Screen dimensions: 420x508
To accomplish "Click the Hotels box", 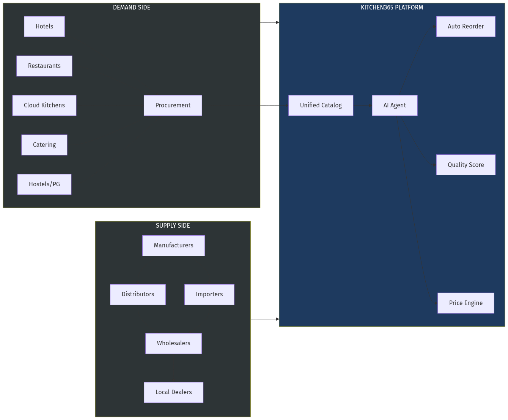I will tap(44, 27).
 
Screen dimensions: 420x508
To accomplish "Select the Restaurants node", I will tap(44, 66).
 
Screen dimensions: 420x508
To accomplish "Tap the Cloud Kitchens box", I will tap(44, 105).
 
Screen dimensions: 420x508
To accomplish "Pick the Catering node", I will tap(44, 145).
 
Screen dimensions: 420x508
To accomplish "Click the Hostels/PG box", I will tap(44, 184).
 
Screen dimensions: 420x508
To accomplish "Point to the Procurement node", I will tap(173, 105).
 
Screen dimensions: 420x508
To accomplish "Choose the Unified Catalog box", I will tap(321, 105).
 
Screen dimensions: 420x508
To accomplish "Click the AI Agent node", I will tap(395, 105).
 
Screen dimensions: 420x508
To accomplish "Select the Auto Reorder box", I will tap(466, 27).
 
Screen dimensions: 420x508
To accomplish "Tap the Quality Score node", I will tap(466, 165).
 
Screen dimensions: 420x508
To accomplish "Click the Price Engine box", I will tap(466, 303).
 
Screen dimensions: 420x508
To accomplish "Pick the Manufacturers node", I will tap(173, 245).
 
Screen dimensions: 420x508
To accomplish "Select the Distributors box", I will tap(138, 294).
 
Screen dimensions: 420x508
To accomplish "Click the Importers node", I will tap(209, 294).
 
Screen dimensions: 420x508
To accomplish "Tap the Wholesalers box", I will tap(173, 343).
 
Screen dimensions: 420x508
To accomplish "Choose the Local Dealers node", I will tap(173, 392).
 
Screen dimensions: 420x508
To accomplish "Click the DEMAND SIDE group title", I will tap(132, 8).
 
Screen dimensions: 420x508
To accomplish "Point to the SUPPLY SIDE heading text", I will tap(173, 226).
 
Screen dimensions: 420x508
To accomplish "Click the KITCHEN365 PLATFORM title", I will tap(392, 8).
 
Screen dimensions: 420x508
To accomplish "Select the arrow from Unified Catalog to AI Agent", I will tap(362, 105).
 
